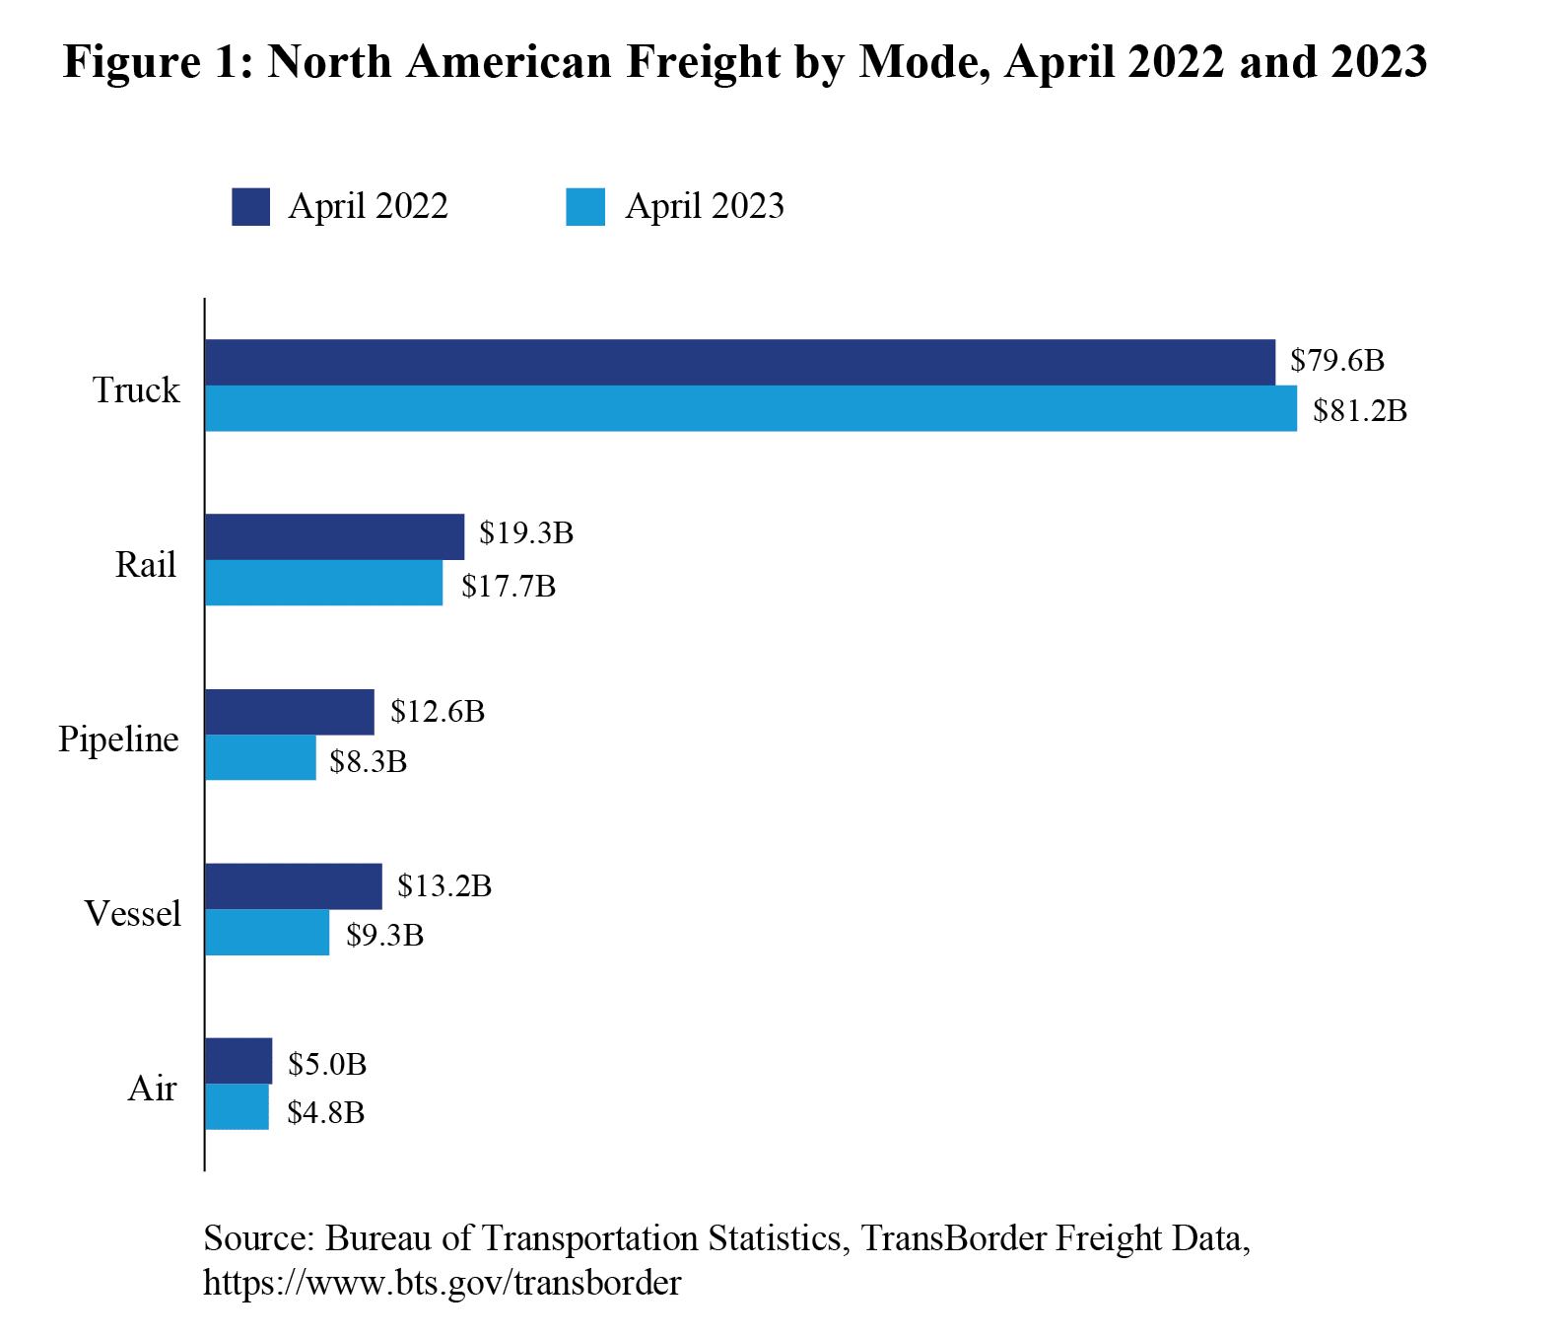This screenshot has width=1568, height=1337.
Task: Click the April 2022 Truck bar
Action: click(x=739, y=362)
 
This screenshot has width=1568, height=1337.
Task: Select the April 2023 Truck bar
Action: click(x=750, y=408)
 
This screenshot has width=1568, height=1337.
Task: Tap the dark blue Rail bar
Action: click(x=334, y=536)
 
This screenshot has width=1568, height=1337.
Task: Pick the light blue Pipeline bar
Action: click(x=260, y=757)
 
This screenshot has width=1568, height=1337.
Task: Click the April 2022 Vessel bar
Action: click(x=293, y=885)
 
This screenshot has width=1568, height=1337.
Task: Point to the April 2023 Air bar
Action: click(x=237, y=1106)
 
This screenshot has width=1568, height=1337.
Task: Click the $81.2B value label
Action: click(x=1359, y=410)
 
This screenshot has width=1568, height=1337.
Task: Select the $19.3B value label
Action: click(x=526, y=533)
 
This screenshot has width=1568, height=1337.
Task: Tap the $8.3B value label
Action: click(x=368, y=761)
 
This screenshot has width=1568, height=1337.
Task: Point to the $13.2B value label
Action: click(x=444, y=885)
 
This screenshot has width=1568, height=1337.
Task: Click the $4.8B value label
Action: click(x=326, y=1113)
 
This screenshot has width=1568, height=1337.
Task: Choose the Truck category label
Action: click(x=136, y=390)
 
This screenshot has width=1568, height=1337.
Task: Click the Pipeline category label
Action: click(x=118, y=739)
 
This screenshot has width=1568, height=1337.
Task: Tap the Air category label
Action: click(x=152, y=1089)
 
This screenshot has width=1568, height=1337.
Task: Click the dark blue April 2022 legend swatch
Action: click(x=250, y=207)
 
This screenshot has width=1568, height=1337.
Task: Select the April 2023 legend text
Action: click(x=704, y=207)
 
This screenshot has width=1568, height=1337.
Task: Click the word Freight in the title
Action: click(x=703, y=62)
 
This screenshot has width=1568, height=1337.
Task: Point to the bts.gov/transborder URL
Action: click(x=442, y=1283)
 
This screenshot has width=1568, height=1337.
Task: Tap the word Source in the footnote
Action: click(x=257, y=1238)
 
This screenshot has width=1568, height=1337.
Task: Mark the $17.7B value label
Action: click(x=509, y=587)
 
